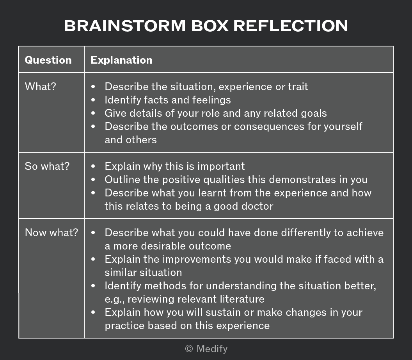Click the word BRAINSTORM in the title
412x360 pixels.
tap(125, 26)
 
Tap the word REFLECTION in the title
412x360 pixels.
tap(291, 26)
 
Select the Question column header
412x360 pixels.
tap(48, 60)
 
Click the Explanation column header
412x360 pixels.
tap(121, 60)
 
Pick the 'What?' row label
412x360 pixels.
tap(41, 87)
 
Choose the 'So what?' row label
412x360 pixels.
tap(47, 166)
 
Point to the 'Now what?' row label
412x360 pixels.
tap(51, 232)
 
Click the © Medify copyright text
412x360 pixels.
tap(206, 349)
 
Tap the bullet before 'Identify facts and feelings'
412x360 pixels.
tap(93, 100)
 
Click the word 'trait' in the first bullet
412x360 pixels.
tap(298, 87)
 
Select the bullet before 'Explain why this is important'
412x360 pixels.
tap(93, 166)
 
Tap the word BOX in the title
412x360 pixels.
tap(210, 26)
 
